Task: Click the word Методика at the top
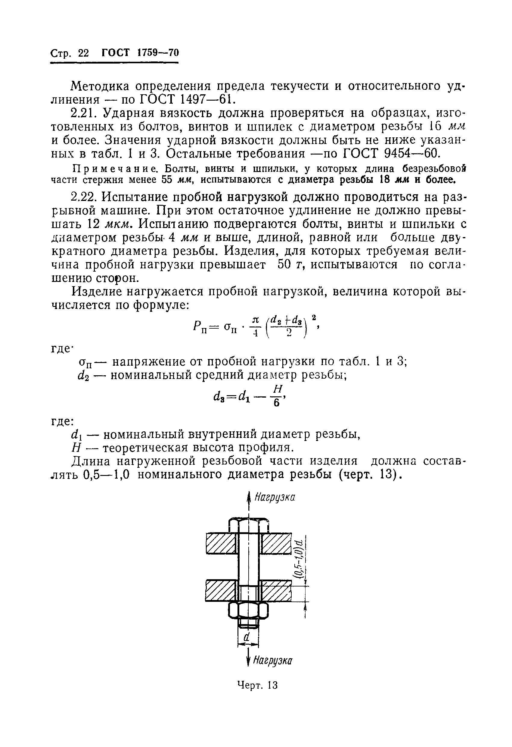click(x=100, y=86)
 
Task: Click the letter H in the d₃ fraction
click(x=278, y=389)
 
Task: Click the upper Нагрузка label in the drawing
click(x=274, y=498)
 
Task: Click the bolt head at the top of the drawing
click(x=249, y=526)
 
